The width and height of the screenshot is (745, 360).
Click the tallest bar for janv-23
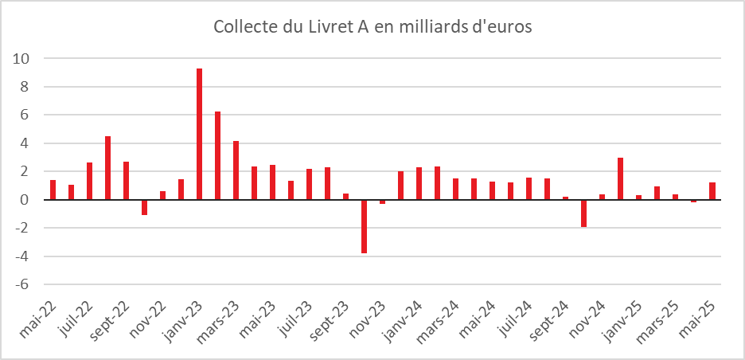point(199,134)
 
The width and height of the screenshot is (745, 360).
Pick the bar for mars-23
point(236,170)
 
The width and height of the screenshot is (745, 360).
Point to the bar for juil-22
point(89,181)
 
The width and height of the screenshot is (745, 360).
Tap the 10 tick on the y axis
point(21,59)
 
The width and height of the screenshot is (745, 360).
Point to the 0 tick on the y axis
point(25,200)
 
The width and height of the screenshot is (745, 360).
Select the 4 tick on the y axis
point(25,143)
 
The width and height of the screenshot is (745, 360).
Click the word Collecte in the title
point(244,27)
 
